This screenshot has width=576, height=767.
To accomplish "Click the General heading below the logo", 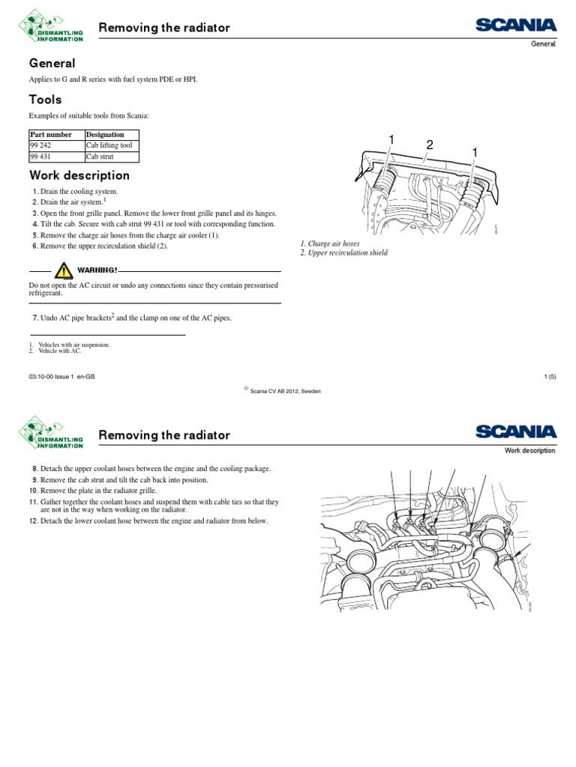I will (x=52, y=64).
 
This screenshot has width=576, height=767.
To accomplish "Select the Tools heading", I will (x=45, y=100).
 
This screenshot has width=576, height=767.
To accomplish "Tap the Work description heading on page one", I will (x=79, y=176).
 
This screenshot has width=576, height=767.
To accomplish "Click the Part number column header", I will (x=51, y=135).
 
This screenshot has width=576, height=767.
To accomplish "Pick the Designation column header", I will (x=105, y=135).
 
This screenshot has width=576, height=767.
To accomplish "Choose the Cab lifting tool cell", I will (x=109, y=145).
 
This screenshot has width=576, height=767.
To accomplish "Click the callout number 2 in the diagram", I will (x=430, y=144).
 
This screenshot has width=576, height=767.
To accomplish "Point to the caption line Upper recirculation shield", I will (x=343, y=253).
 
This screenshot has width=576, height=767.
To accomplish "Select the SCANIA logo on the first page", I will (x=515, y=26).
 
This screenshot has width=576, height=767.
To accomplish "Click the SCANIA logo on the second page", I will (x=515, y=432).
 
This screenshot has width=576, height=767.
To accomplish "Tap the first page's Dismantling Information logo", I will (x=50, y=27).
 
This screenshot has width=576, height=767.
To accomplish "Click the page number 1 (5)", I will (x=548, y=378).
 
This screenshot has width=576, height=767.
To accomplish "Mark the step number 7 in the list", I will (x=34, y=318).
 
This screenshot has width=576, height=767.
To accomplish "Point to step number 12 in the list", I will (x=34, y=521).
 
